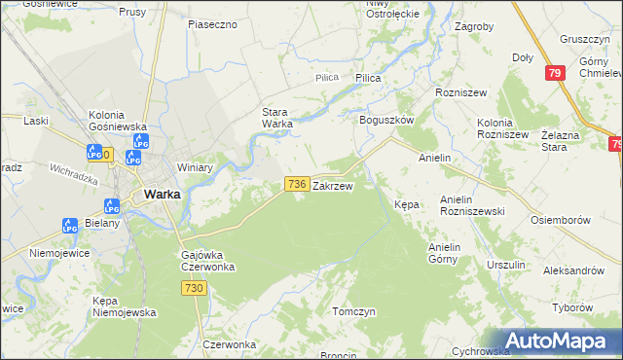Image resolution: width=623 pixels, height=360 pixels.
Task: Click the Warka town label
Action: coord(162,194)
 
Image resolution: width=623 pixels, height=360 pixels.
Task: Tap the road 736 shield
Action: coord(297,183)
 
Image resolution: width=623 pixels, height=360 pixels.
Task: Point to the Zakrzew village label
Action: coord(332,184)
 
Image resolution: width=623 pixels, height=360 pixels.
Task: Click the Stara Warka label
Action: coord(277,117)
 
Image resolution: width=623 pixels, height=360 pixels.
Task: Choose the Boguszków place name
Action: coord(387,119)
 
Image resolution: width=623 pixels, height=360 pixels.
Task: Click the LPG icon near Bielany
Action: coord(70,225)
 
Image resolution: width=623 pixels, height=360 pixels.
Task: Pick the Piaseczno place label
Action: coord(213,23)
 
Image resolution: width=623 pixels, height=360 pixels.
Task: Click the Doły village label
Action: coord(523,57)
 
